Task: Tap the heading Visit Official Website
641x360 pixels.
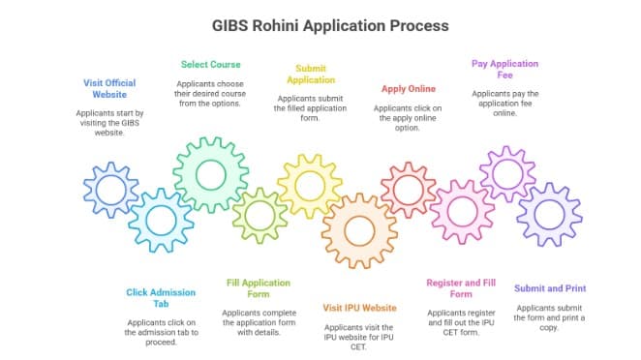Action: (110, 89)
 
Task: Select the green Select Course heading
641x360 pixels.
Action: (211, 65)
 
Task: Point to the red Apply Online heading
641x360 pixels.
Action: (408, 89)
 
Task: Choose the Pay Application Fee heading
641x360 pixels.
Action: (505, 70)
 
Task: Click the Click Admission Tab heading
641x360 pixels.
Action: (162, 298)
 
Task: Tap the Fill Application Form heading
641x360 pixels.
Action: (259, 288)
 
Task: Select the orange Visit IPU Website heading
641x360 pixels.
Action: (359, 308)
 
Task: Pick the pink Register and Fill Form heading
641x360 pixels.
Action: (461, 288)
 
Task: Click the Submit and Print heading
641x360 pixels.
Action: (549, 288)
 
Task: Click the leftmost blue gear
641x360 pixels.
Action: (111, 190)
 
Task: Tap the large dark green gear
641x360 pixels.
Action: (210, 175)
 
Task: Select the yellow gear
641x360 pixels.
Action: (310, 185)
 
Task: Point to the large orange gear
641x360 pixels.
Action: (359, 230)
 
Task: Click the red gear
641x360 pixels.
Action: (408, 189)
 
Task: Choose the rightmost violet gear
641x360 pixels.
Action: (549, 215)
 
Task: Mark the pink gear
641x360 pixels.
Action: (461, 211)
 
